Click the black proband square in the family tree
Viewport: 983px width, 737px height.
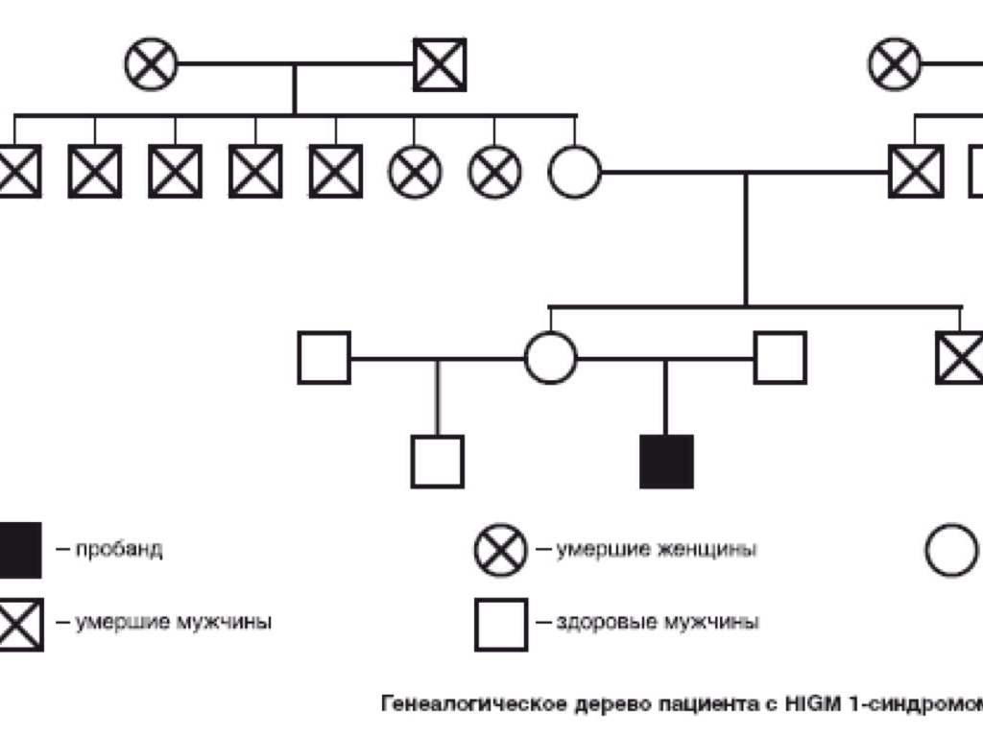tap(666, 462)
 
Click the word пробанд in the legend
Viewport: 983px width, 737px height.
tap(119, 550)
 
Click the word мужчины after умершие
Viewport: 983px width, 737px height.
tap(224, 623)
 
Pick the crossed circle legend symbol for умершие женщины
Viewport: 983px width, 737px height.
tap(500, 550)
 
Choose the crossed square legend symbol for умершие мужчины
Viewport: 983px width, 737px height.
tap(19, 625)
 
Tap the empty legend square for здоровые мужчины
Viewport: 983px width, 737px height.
tap(500, 625)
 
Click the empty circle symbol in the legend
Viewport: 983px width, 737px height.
tap(951, 551)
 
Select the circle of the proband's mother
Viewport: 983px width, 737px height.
tap(551, 358)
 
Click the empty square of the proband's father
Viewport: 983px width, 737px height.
tap(779, 358)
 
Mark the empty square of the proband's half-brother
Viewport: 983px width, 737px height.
tap(438, 462)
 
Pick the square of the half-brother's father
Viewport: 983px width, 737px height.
tap(324, 358)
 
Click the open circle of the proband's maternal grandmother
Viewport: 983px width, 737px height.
tap(575, 172)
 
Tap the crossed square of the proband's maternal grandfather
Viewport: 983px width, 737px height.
tap(916, 172)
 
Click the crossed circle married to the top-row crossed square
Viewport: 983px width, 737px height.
tap(152, 65)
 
